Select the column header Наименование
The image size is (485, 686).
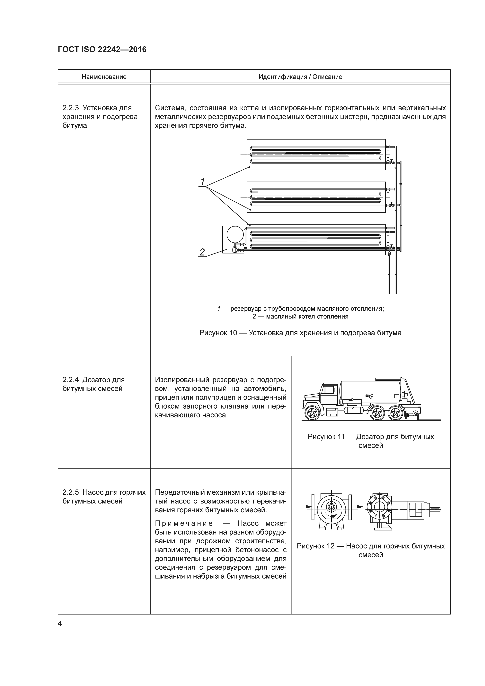(x=104, y=77)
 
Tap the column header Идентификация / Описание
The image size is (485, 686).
(x=300, y=77)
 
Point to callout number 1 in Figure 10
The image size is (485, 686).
(x=202, y=181)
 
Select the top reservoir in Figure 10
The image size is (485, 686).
(x=316, y=155)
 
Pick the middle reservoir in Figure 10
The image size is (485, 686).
(x=316, y=197)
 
